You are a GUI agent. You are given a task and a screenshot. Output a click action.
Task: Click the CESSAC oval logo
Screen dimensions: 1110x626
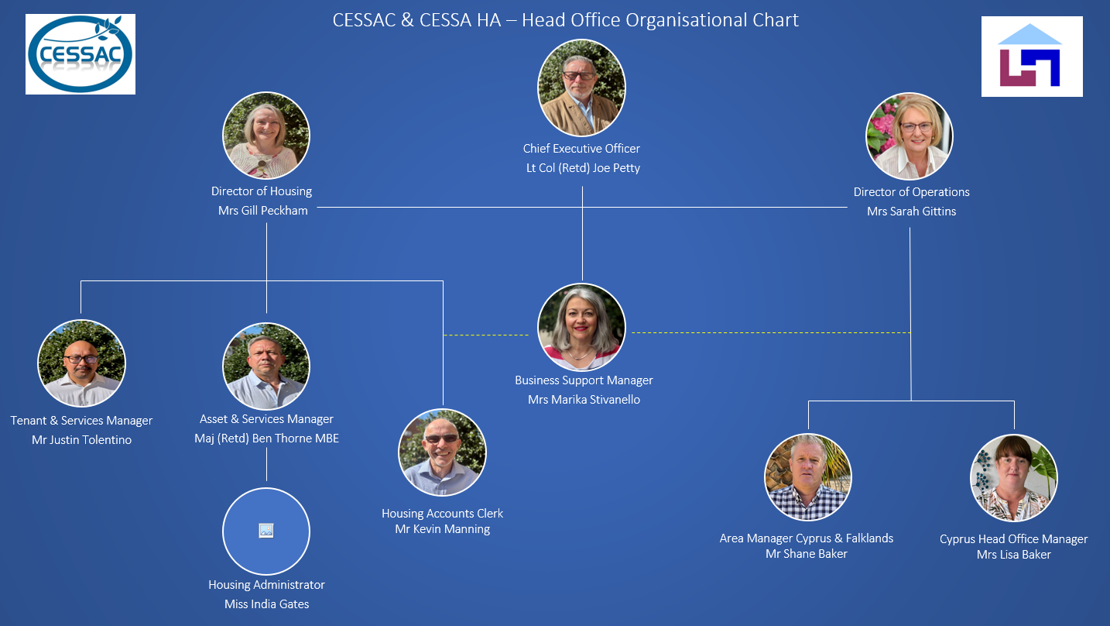click(x=81, y=53)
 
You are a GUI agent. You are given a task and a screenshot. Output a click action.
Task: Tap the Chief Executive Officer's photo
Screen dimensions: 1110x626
click(x=581, y=88)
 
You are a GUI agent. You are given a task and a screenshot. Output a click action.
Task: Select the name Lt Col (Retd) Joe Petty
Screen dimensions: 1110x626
click(x=583, y=168)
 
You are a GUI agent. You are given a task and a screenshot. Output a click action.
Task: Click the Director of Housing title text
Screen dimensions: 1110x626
click(x=261, y=191)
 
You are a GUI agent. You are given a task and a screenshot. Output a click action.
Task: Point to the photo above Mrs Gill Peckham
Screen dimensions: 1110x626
click(x=266, y=135)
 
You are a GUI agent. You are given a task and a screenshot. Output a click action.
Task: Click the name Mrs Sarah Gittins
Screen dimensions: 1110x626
click(x=911, y=212)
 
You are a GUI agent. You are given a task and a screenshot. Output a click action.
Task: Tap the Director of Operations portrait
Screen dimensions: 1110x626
click(x=909, y=136)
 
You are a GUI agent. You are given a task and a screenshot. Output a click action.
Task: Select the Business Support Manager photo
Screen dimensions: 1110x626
click(x=581, y=327)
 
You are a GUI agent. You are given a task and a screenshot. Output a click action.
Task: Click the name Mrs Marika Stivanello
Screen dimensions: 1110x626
click(x=584, y=400)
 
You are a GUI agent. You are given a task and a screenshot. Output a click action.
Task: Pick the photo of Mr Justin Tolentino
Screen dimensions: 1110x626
click(x=82, y=363)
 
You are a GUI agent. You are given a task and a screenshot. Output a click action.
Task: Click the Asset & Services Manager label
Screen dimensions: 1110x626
click(x=266, y=419)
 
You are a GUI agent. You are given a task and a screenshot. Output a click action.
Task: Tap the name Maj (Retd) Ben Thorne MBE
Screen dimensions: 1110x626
click(x=266, y=439)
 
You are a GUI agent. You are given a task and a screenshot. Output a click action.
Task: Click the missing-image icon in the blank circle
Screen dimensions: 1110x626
click(x=266, y=531)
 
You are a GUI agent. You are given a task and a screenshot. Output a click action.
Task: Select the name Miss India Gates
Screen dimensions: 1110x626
click(x=266, y=604)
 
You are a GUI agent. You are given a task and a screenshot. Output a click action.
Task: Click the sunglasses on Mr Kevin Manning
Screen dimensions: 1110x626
click(x=441, y=439)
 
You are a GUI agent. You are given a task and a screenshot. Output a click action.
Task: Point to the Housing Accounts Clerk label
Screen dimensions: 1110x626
click(x=442, y=514)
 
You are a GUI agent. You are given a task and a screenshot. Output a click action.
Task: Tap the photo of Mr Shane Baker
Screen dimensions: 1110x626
click(x=807, y=477)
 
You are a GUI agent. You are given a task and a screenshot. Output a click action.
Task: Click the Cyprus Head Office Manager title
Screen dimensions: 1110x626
click(x=1013, y=539)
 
